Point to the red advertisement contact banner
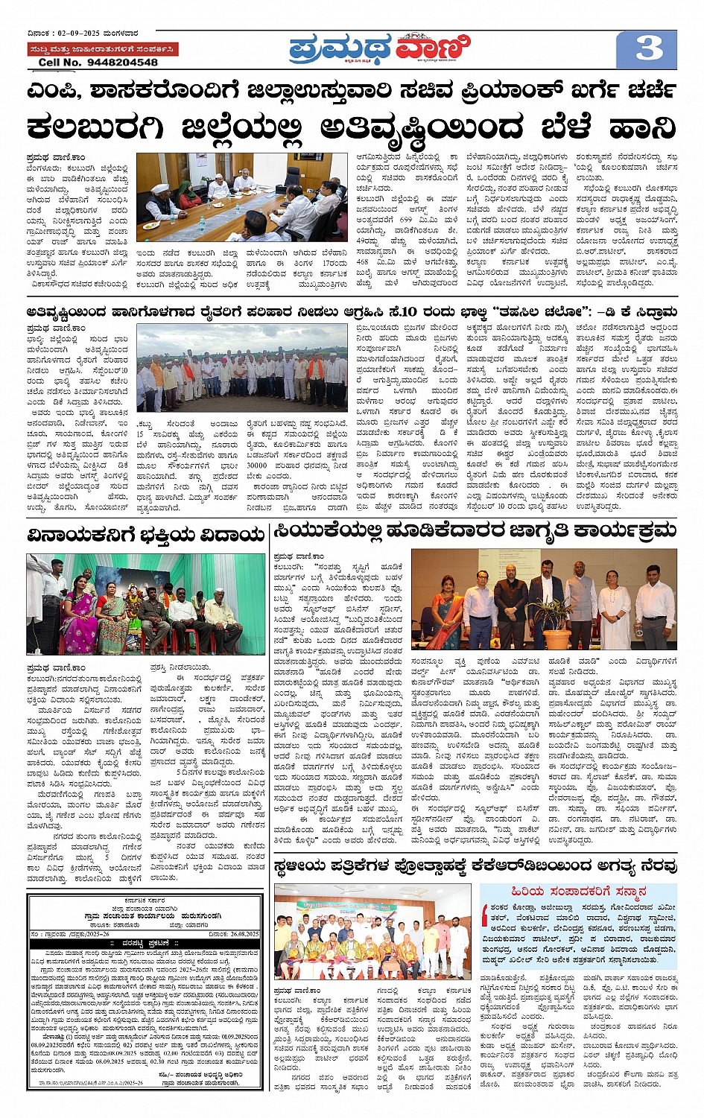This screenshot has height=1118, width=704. point(102,49)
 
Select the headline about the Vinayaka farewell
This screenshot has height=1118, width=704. point(145,534)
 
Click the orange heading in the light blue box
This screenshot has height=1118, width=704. point(578,892)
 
